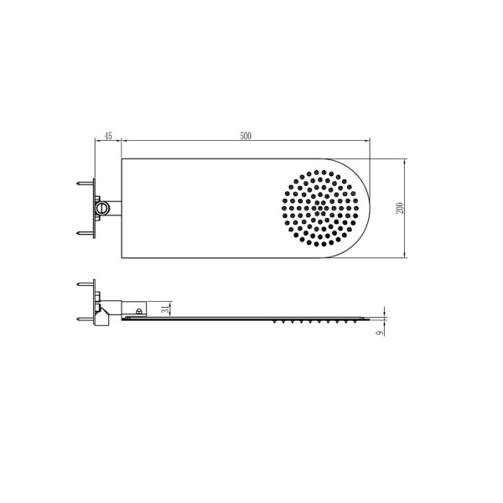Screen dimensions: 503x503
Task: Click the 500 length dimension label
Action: [x=246, y=136]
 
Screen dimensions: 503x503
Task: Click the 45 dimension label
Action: [x=107, y=136]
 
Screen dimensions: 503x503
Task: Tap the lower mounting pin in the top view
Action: [x=84, y=233]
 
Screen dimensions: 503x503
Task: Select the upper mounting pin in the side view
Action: [x=84, y=286]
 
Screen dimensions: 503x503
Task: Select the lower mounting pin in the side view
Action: [x=84, y=318]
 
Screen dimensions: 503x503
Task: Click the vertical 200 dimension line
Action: [x=407, y=207]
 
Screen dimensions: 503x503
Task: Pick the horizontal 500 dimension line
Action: [x=246, y=143]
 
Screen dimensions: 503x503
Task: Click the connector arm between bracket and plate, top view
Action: [x=115, y=206]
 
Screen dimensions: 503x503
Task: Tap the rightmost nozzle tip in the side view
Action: [x=362, y=320]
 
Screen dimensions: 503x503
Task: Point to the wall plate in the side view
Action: [x=94, y=302]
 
